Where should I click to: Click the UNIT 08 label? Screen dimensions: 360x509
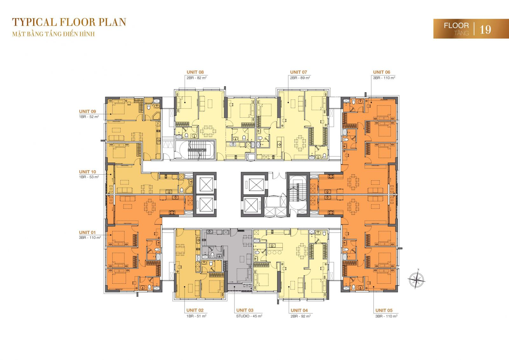coord(195,72)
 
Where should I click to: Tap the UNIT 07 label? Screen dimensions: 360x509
coord(298,72)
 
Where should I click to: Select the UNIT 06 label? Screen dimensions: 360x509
coord(381,72)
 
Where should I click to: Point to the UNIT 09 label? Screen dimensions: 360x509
coord(87,111)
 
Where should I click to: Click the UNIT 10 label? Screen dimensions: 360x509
coord(87,172)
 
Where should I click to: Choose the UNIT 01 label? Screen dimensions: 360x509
coord(87,232)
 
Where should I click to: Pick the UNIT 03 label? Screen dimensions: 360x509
coord(245,310)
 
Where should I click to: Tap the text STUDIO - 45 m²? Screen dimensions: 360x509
coord(249,316)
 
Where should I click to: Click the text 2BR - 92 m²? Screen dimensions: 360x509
coord(301,316)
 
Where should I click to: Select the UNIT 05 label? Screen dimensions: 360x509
coord(384,310)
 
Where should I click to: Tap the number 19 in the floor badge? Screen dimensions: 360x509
coord(485,30)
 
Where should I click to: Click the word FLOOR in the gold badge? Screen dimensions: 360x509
coord(456,25)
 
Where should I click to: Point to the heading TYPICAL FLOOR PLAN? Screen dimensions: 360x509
coord(69,22)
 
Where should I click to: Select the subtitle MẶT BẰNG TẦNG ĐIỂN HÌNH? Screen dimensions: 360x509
coord(53,34)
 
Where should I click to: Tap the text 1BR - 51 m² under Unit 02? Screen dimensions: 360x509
coord(196,316)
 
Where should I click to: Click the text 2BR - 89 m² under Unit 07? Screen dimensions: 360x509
coord(300,78)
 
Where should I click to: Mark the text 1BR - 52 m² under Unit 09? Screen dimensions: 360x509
coord(89,117)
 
